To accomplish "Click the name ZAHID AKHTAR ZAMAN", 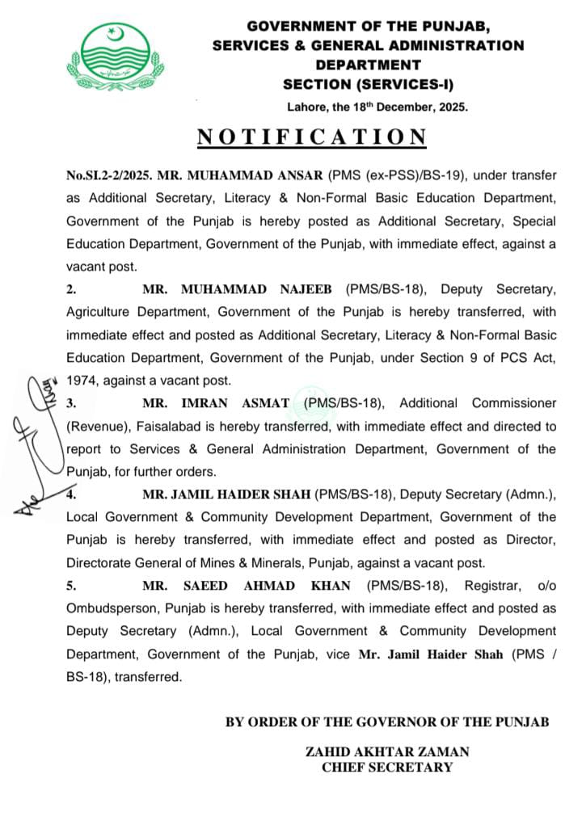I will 387,751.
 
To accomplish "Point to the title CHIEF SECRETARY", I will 387,768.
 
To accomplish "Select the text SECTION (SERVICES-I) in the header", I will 368,83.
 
